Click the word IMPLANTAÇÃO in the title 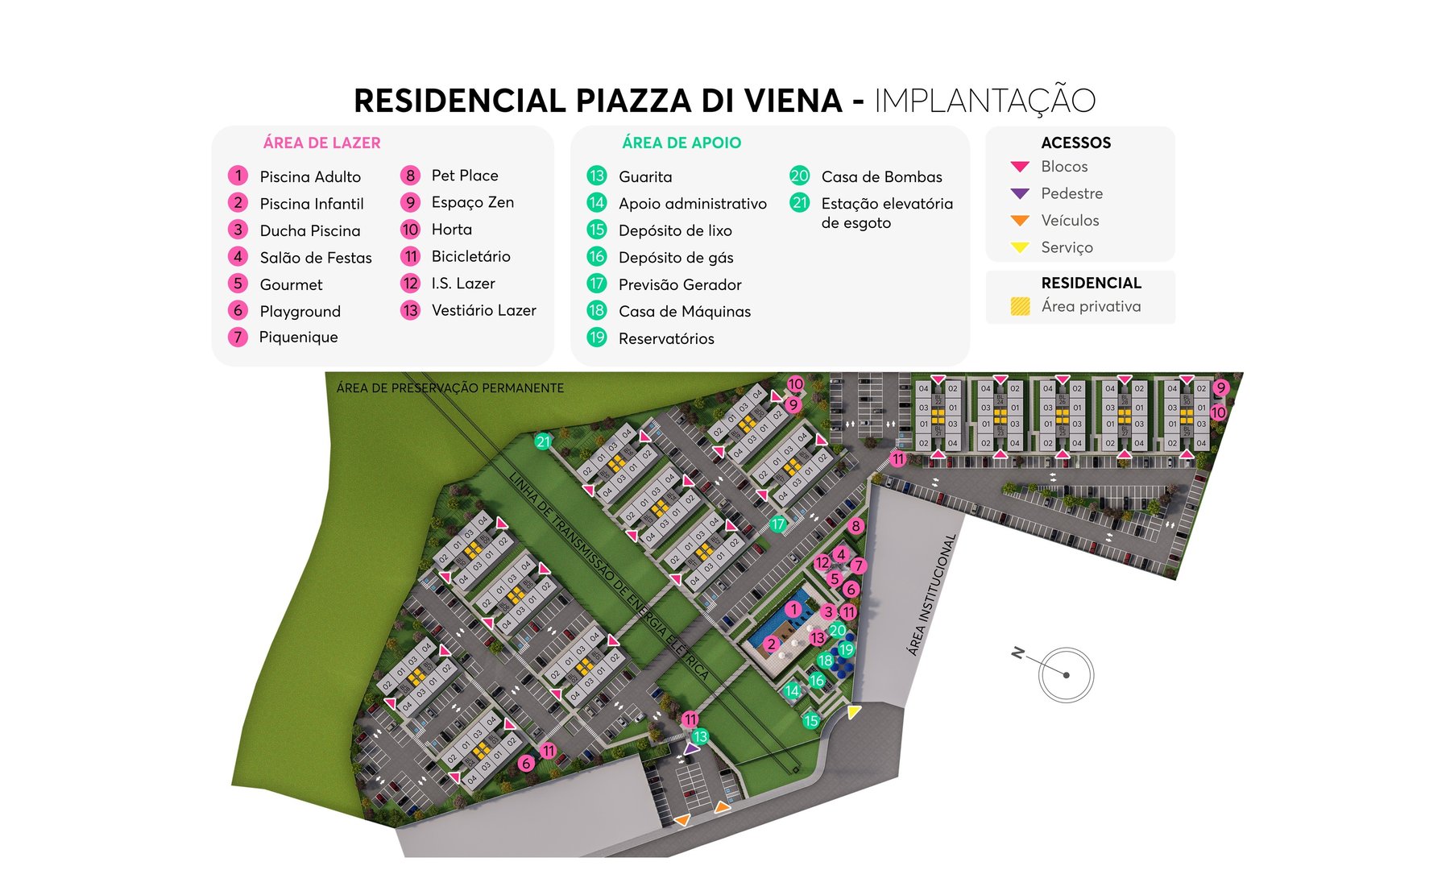[984, 101]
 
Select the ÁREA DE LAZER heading [321, 143]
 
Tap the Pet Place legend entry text [465, 176]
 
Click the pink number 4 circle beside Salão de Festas [238, 257]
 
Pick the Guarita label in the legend [645, 176]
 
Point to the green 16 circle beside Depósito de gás [596, 257]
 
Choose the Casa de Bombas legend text [881, 176]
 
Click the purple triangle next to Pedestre [1020, 193]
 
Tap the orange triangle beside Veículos [1020, 220]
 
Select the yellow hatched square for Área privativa [1020, 306]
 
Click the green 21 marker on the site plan [543, 441]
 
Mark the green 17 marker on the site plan [777, 524]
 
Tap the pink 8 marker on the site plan [855, 526]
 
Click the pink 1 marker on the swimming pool [793, 610]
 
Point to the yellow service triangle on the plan [854, 711]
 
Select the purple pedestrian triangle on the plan [691, 749]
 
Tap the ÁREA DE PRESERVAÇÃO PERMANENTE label [449, 388]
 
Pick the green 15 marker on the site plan [810, 721]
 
